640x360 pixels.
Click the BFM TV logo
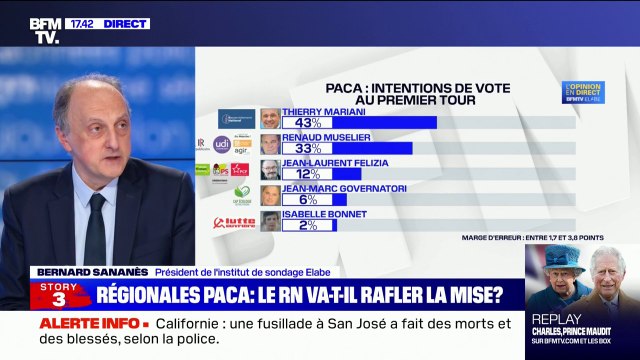point(45,30)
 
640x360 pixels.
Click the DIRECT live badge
point(124,23)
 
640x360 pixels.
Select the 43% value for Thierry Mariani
point(296,122)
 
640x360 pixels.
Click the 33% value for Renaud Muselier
point(296,148)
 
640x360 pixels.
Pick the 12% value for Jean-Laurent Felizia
point(296,174)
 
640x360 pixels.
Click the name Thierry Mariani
point(319,110)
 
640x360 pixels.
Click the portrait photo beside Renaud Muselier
point(270,144)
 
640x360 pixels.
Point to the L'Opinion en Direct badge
point(582,92)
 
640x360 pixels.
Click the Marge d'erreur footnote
point(532,238)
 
